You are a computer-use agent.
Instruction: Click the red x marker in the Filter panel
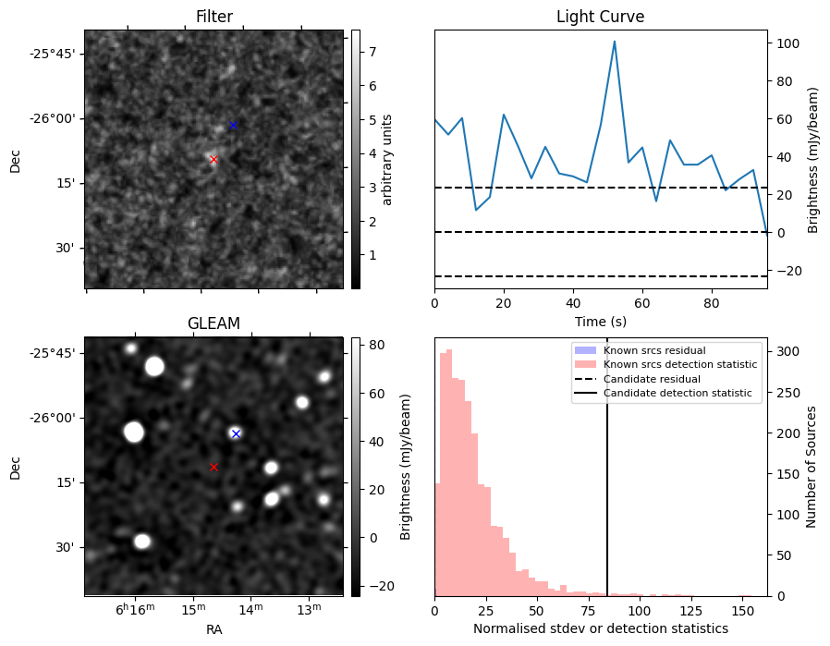pyautogui.click(x=214, y=159)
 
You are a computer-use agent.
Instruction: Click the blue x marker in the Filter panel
pyautogui.click(x=233, y=125)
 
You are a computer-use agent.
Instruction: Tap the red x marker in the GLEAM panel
pyautogui.click(x=214, y=467)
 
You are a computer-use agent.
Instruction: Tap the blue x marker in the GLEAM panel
pyautogui.click(x=236, y=433)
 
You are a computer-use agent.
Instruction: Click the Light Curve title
pyautogui.click(x=600, y=17)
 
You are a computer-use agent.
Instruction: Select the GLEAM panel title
pyautogui.click(x=214, y=323)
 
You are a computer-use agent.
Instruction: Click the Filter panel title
pyautogui.click(x=214, y=17)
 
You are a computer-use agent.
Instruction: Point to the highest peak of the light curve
pyautogui.click(x=614, y=42)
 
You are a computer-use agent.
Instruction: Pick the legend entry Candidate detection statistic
pyautogui.click(x=679, y=394)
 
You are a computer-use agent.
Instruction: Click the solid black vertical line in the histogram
pyautogui.click(x=607, y=481)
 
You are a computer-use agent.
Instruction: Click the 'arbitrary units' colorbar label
pyautogui.click(x=387, y=159)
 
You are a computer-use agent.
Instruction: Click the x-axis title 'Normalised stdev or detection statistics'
pyautogui.click(x=600, y=628)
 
